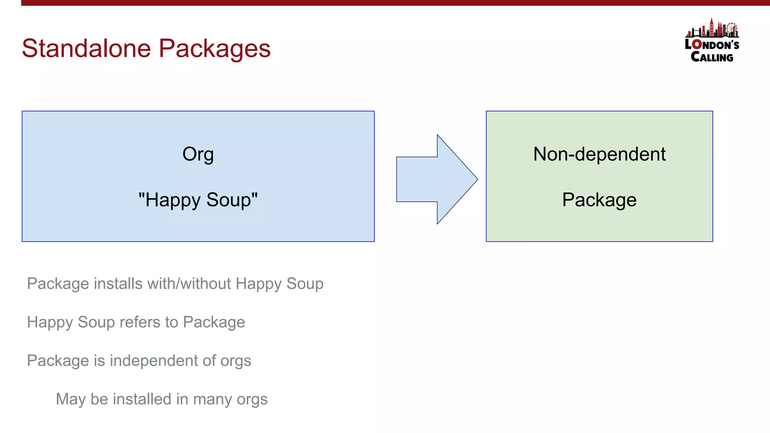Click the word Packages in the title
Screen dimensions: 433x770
tap(214, 49)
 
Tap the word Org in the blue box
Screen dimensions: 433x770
tap(198, 154)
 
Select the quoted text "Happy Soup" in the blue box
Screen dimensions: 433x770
tap(198, 200)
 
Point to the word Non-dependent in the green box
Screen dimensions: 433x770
tap(599, 154)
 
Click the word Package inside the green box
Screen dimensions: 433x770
tap(599, 200)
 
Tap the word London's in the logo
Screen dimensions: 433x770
tap(712, 45)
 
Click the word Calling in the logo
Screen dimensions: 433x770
tap(712, 57)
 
